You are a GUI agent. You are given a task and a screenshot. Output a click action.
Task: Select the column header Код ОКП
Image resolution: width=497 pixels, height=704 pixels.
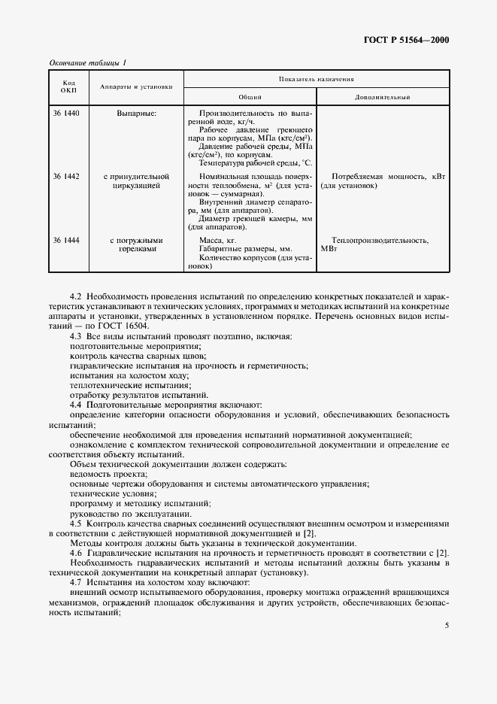68,86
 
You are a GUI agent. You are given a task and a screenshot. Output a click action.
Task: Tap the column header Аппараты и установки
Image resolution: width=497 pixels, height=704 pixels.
135,86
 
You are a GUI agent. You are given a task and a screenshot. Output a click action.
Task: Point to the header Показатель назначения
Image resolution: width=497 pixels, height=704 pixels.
316,78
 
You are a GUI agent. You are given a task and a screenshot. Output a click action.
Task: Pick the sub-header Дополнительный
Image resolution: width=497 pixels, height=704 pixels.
382,97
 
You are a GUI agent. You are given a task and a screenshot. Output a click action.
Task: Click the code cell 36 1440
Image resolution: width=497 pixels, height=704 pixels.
66,113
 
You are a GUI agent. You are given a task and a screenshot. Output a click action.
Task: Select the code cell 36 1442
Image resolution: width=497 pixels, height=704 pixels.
66,176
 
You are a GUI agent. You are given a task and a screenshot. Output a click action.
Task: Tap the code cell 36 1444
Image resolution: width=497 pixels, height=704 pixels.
66,240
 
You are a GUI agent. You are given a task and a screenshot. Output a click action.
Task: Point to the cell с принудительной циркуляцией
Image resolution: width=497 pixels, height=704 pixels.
135,181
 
